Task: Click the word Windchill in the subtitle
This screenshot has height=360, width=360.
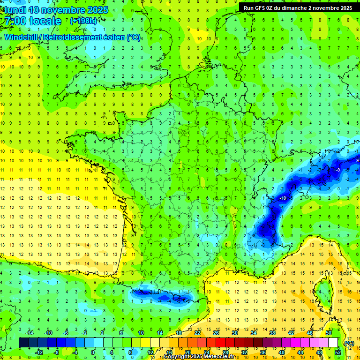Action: coord(22,37)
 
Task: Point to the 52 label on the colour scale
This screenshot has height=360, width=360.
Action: coord(338,352)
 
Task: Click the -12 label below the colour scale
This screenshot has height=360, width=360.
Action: coord(39,352)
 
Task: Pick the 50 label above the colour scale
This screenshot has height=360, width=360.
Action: coord(329,333)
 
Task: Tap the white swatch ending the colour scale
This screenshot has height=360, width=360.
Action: coord(333,343)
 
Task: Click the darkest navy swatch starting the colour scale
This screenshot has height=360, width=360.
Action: coord(23,343)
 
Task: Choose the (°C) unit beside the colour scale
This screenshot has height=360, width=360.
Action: coord(349,343)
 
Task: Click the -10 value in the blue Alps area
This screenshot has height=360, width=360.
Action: coord(283,199)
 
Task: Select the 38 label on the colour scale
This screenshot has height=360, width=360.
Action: coord(272,333)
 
